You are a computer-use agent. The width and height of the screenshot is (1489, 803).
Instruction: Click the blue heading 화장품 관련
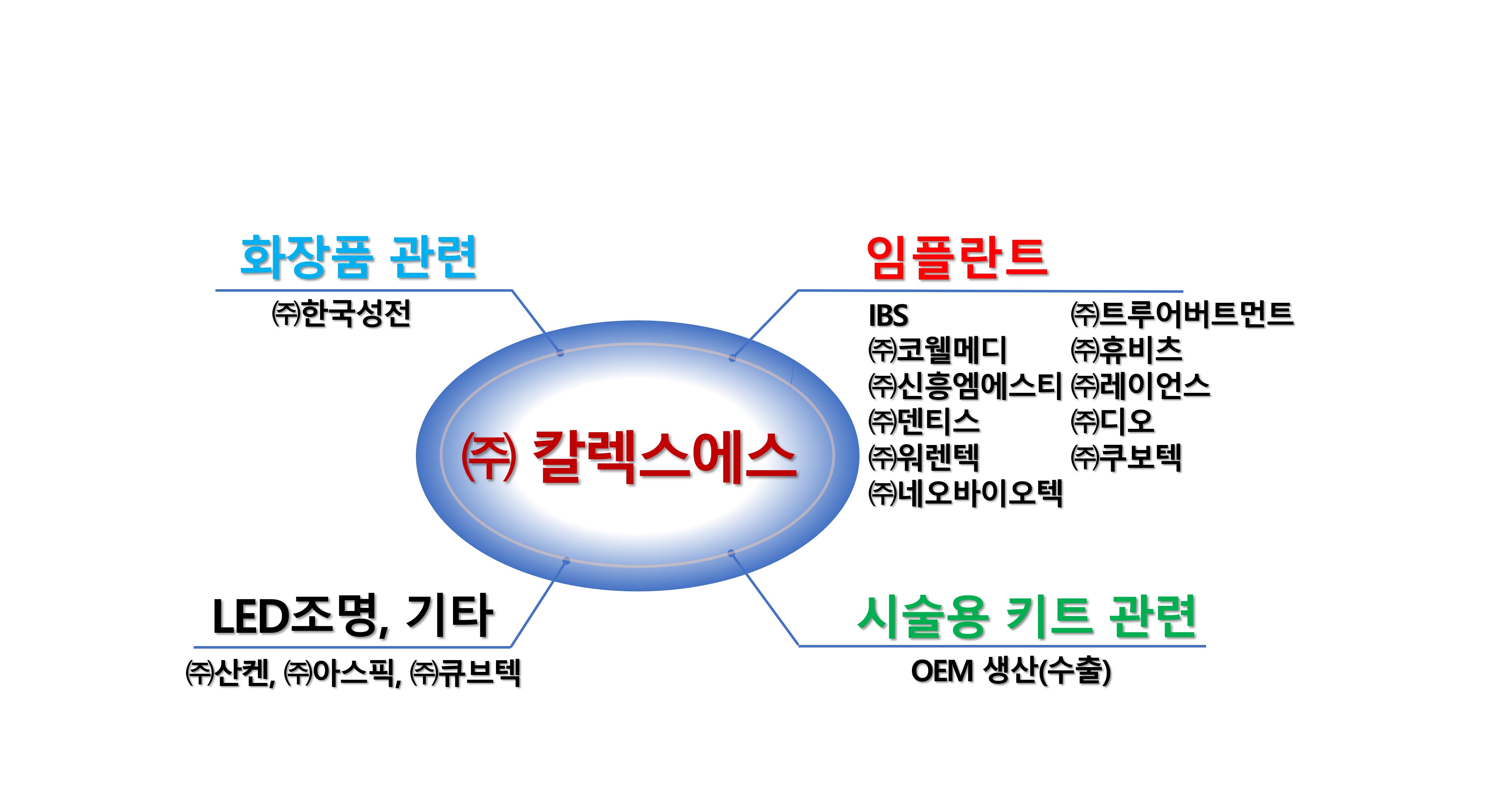[358, 257]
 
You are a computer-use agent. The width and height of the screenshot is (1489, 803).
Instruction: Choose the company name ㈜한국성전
[342, 314]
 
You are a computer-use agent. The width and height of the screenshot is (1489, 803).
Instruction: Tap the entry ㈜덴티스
[924, 421]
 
